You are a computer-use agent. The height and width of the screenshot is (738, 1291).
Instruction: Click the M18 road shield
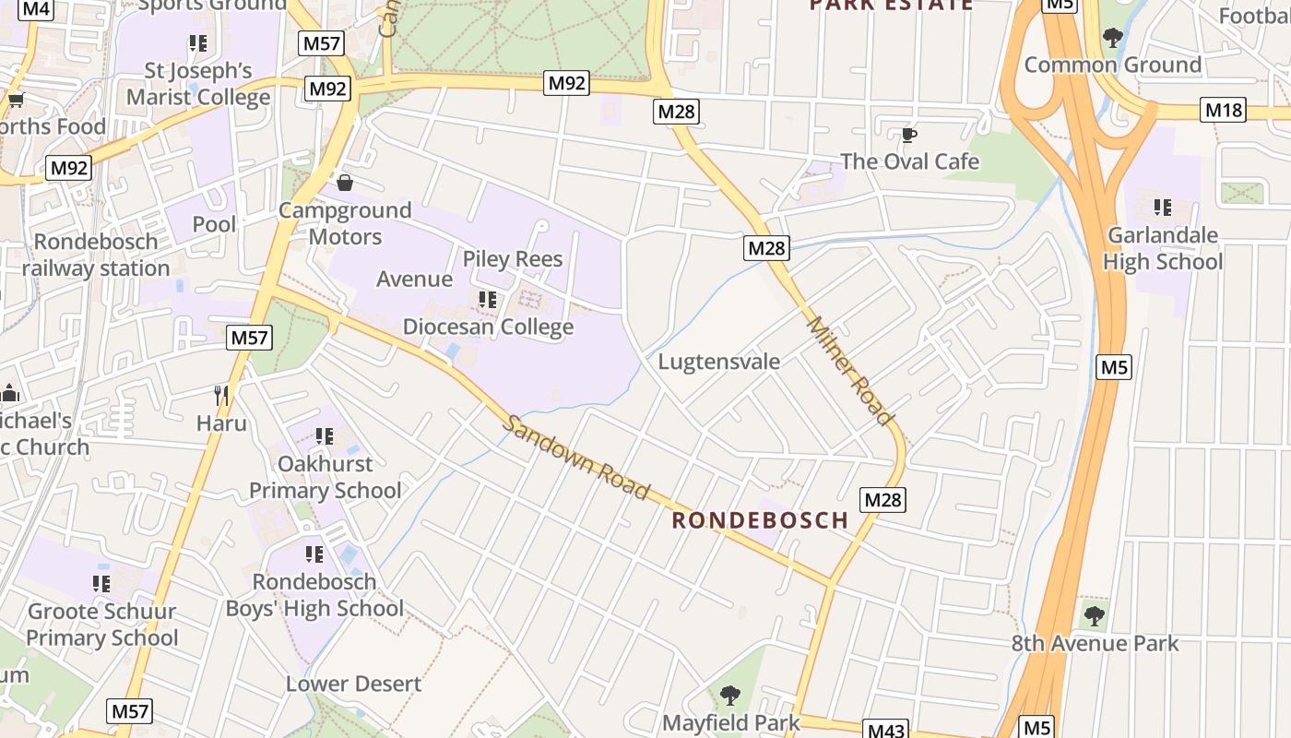coord(1224,111)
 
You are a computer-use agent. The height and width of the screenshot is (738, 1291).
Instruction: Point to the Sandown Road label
coord(577,458)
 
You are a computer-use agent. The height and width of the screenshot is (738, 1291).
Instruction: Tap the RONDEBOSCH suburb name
coord(760,520)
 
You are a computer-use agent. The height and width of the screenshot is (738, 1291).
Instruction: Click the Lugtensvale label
coord(718,361)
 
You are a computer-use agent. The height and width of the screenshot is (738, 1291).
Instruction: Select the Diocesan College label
coord(488,327)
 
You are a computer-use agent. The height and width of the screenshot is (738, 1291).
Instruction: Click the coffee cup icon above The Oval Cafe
coord(908,136)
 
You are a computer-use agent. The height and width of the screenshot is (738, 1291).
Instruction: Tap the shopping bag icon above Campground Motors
coord(344,183)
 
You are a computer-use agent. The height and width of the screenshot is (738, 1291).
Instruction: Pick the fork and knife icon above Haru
coord(221,396)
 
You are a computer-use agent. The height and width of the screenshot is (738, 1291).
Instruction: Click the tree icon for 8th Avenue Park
coord(1095,615)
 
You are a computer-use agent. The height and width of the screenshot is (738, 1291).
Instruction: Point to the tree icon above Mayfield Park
coord(730,695)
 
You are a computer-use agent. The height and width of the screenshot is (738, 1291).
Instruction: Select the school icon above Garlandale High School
coord(1163,208)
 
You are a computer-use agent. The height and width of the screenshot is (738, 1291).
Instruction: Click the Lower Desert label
coord(353,684)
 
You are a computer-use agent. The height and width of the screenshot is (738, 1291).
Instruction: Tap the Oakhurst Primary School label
coord(326,477)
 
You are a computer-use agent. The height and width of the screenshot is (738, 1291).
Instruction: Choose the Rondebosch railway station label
coord(96,255)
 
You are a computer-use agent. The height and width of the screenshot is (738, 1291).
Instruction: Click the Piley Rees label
coord(513,259)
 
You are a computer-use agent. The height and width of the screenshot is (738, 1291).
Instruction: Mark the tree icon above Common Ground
coord(1113,38)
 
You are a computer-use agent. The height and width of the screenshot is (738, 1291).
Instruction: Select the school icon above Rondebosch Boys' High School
coord(314,554)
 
